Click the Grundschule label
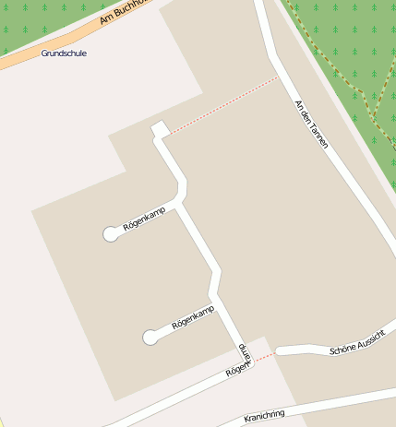[64, 53]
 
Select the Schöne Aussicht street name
[354, 346]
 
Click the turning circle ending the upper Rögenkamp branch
[111, 234]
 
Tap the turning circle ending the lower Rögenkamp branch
[150, 338]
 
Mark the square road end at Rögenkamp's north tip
[159, 130]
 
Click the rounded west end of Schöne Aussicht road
[281, 350]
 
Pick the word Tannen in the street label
[318, 136]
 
